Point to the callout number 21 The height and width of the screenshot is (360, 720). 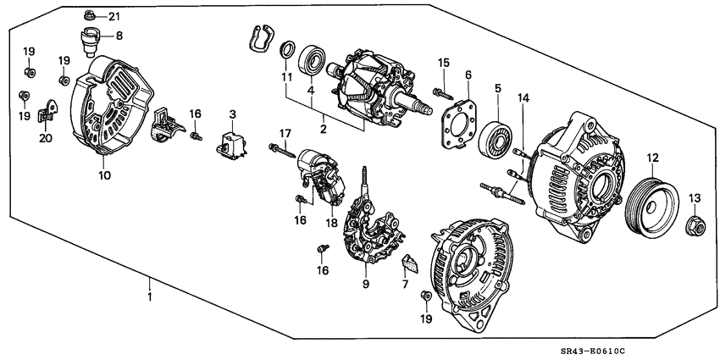coord(114,17)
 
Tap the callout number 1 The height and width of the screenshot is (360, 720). coord(149,298)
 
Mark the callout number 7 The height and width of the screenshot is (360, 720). coord(406,285)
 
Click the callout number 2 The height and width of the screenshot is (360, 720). coord(322,130)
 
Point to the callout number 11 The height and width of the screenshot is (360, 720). coord(286,78)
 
